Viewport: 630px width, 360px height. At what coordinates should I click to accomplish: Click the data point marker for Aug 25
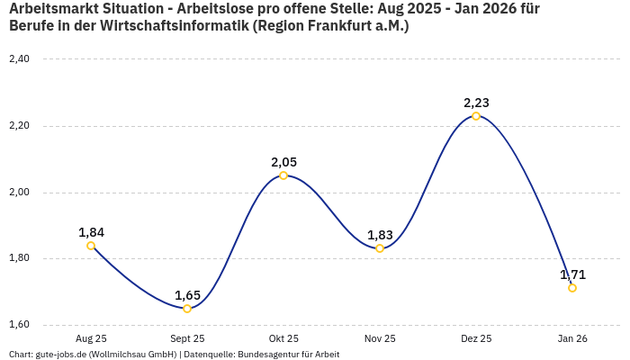[x=91, y=246]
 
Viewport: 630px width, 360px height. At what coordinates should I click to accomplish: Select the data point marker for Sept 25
[x=187, y=309]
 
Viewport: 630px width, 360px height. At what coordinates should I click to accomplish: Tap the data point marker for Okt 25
[x=283, y=175]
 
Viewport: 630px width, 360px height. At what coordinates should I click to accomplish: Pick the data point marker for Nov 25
[x=380, y=248]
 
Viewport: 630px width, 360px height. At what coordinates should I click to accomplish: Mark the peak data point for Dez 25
[x=476, y=116]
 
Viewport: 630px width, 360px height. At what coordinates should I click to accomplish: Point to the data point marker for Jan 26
[x=572, y=288]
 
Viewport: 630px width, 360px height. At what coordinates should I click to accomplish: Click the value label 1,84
[x=91, y=232]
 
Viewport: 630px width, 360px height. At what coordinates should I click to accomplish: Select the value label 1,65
[x=187, y=295]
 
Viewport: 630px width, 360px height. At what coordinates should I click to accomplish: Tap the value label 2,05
[x=283, y=162]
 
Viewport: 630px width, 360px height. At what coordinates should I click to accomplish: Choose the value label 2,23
[x=476, y=103]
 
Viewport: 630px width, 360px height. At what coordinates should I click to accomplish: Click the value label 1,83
[x=380, y=235]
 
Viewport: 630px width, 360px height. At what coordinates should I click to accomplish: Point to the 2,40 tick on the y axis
[x=19, y=59]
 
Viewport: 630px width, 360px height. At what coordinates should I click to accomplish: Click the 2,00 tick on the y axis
[x=19, y=193]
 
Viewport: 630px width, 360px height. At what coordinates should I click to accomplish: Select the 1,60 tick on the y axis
[x=19, y=325]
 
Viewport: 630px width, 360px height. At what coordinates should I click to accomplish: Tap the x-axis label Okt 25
[x=283, y=338]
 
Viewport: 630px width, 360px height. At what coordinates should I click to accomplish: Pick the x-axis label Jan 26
[x=572, y=338]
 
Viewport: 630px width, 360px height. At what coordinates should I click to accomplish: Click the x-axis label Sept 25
[x=187, y=338]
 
